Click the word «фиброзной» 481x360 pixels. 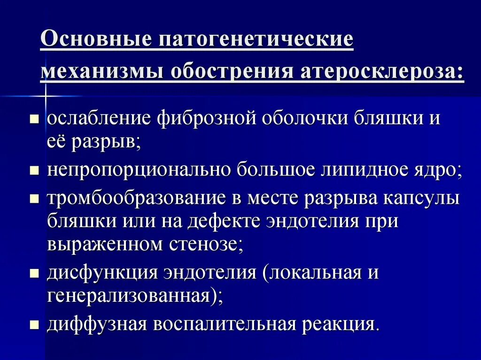point(206,118)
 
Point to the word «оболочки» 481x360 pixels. point(304,118)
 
